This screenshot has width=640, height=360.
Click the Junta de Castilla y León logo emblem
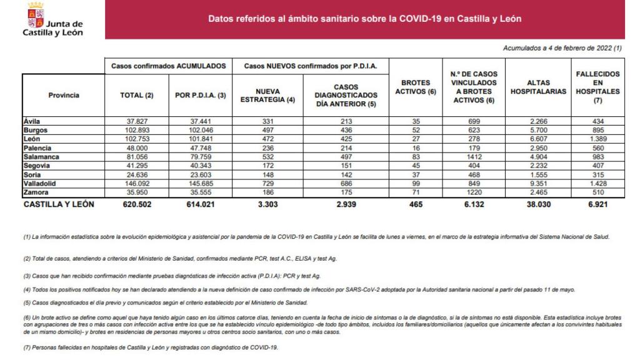coord(36,14)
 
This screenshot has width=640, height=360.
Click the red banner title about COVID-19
coord(365,19)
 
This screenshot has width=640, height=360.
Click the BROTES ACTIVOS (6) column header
coord(415,87)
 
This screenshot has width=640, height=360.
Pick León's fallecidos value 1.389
coord(597,139)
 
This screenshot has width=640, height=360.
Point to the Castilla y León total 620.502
coord(136,204)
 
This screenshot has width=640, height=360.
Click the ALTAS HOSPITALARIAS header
coord(537,87)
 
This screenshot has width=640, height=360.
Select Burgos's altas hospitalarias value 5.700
coord(537,130)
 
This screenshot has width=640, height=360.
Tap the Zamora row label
coord(36,194)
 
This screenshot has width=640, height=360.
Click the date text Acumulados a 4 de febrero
coord(562,48)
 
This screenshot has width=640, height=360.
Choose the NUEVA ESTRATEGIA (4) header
coord(267,95)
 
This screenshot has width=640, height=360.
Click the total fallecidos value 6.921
coord(597,204)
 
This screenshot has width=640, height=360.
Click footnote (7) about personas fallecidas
coord(150,347)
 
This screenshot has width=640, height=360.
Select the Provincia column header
coord(63,95)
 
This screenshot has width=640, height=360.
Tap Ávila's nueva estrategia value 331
coord(267,121)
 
